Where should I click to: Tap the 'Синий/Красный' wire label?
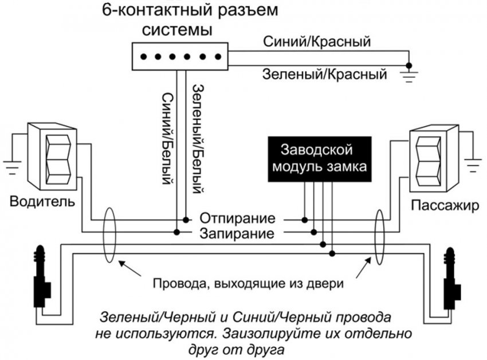coord(316,41)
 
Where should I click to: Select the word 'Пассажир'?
coord(443,205)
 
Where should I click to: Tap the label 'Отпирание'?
coord(237,220)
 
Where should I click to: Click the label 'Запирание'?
coord(237,233)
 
